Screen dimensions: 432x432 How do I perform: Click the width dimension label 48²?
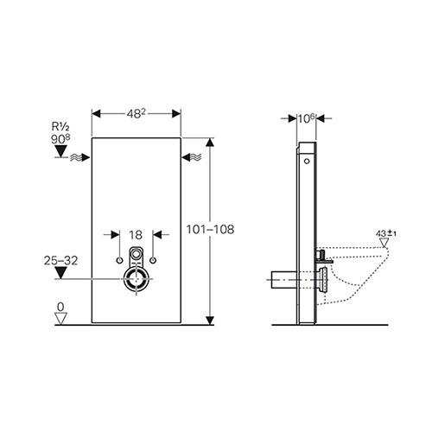pyautogui.click(x=136, y=114)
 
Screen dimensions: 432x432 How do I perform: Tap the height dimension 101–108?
pyautogui.click(x=210, y=230)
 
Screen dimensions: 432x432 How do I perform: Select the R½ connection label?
pyautogui.click(x=60, y=126)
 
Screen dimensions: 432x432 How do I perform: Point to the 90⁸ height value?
pyautogui.click(x=60, y=139)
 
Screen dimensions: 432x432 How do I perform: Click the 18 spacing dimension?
pyautogui.click(x=136, y=235)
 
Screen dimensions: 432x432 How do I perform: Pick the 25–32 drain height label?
pyautogui.click(x=60, y=261)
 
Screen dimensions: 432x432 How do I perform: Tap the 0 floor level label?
pyautogui.click(x=60, y=307)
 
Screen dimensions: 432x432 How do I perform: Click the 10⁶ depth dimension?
pyautogui.click(x=307, y=118)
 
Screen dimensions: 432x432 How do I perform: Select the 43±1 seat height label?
pyautogui.click(x=386, y=233)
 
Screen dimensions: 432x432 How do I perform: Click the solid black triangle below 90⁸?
pyautogui.click(x=60, y=151)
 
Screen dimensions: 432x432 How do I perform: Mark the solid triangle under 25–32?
pyautogui.click(x=60, y=272)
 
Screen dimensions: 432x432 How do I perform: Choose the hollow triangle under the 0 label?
pyautogui.click(x=60, y=319)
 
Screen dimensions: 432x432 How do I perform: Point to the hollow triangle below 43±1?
pyautogui.click(x=384, y=243)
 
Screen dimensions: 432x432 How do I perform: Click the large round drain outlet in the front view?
pyautogui.click(x=137, y=279)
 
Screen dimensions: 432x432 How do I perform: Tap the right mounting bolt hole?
pyautogui.click(x=153, y=260)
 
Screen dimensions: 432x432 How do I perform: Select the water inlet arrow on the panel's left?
pyautogui.click(x=80, y=157)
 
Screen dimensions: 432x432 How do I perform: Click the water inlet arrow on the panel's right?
pyautogui.click(x=192, y=157)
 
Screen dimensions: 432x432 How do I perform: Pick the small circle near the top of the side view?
pyautogui.click(x=308, y=162)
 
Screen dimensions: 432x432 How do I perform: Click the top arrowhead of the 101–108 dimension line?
pyautogui.click(x=210, y=143)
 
